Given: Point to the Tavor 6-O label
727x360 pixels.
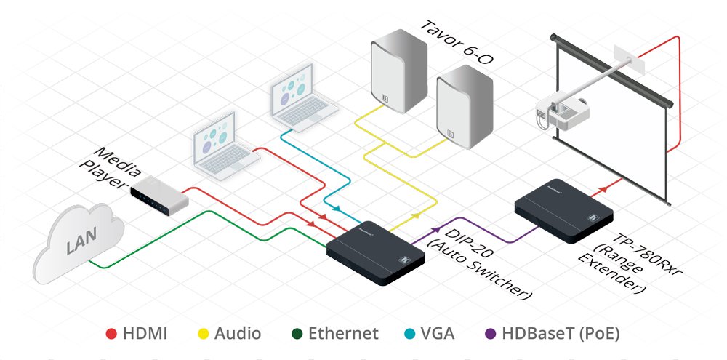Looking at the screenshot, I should pyautogui.click(x=455, y=43).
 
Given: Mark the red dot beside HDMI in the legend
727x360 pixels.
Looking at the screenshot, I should pyautogui.click(x=111, y=334).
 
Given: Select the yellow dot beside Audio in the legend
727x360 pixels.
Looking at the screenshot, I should pyautogui.click(x=204, y=334).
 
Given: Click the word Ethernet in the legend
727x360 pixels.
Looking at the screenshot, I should pyautogui.click(x=343, y=334).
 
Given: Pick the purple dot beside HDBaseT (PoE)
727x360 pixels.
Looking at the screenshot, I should pyautogui.click(x=490, y=334).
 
